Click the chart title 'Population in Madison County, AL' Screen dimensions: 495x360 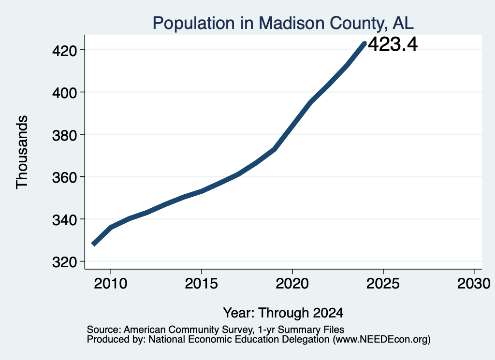283,23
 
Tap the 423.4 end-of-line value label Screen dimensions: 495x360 393,44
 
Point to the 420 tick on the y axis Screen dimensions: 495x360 64,50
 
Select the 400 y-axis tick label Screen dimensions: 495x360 64,93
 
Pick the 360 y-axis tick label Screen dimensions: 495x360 64,177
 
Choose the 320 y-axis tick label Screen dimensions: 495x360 64,262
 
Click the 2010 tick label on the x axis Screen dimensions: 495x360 111,283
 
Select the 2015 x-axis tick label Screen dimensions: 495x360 202,283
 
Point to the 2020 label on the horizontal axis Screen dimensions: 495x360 292,283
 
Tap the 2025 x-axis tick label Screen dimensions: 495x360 383,283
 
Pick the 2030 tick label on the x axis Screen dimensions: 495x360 474,283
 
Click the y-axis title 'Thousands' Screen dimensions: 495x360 22,152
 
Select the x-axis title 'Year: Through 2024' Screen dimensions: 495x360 283,313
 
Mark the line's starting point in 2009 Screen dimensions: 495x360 93,244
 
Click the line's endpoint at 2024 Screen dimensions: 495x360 364,43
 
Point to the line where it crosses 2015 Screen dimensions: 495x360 202,191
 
